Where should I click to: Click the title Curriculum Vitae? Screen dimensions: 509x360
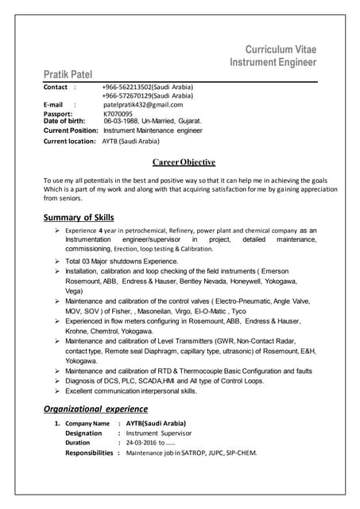pyautogui.click(x=281, y=49)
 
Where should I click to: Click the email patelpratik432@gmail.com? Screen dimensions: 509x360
pyautogui.click(x=143, y=104)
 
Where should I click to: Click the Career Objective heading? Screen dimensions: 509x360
pyautogui.click(x=184, y=162)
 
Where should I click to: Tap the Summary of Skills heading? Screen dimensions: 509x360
pyautogui.click(x=78, y=218)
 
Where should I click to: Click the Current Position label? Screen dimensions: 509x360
pyautogui.click(x=71, y=130)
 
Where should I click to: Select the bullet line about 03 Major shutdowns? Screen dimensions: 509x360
pyautogui.click(x=122, y=261)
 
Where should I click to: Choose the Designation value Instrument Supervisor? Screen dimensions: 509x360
pyautogui.click(x=160, y=433)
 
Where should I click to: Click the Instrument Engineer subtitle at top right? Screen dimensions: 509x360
pyautogui.click(x=273, y=62)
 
